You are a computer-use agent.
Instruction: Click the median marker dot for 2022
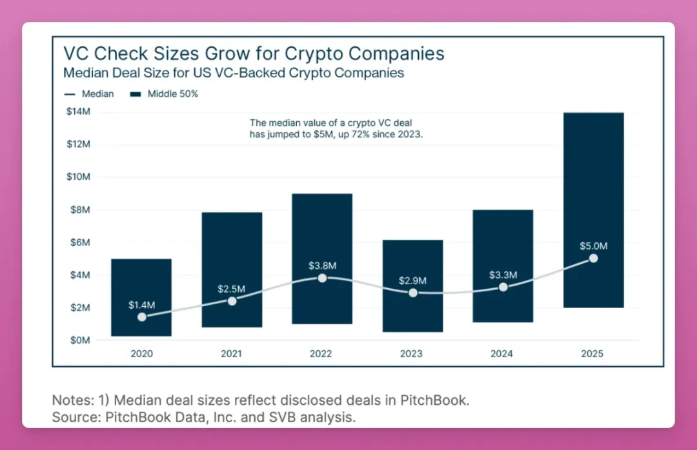(322, 278)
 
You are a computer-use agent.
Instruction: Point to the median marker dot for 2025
(593, 259)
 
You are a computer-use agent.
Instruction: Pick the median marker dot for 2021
(232, 301)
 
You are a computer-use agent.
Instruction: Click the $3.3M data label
(503, 275)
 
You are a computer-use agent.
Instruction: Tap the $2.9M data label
(412, 281)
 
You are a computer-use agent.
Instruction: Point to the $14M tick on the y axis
(78, 112)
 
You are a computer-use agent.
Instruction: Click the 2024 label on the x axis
(501, 354)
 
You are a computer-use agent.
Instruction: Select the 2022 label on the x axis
(321, 354)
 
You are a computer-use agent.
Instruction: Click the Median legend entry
(90, 94)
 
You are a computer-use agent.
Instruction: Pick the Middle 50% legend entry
(165, 94)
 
